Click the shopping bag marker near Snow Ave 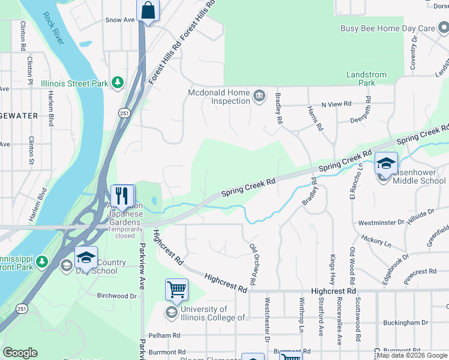point(148,11)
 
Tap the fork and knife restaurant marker point(122,196)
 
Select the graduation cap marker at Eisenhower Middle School point(386,163)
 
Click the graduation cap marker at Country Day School point(86,257)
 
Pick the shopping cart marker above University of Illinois point(176,290)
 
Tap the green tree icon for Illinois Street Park point(119,83)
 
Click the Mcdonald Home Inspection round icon point(259,96)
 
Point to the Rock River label point(53,28)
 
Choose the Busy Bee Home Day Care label point(387,28)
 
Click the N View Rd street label point(336,104)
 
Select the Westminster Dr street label point(381,223)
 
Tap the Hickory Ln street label point(376,241)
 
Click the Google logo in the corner point(20,353)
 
